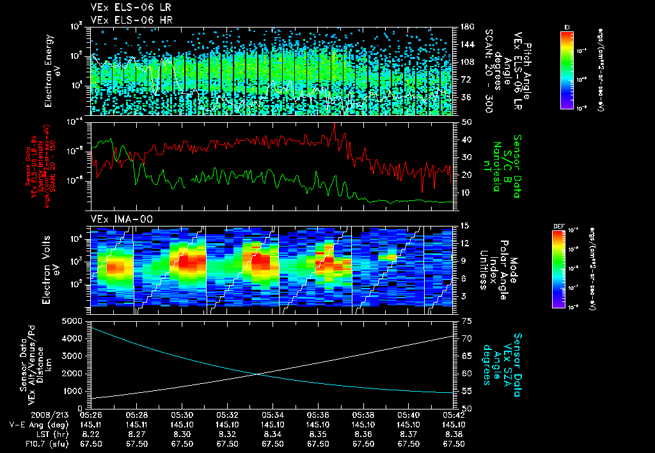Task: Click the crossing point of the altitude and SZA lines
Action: click(x=257, y=374)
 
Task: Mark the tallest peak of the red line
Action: click(x=334, y=124)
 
